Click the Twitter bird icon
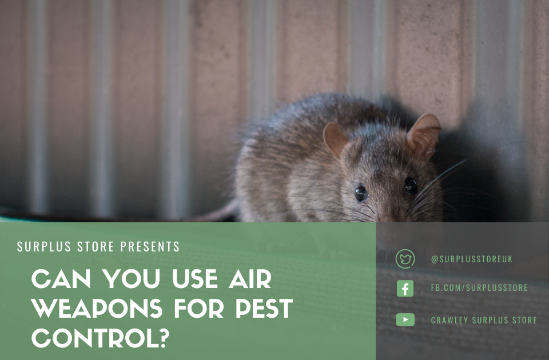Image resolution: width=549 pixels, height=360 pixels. tap(405, 259)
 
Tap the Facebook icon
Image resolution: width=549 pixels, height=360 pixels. tap(405, 289)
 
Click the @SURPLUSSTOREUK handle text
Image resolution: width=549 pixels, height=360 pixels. tap(472, 259)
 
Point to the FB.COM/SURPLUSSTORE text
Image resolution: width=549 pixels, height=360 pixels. tap(479, 288)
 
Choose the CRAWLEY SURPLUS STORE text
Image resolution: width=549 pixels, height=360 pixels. tap(484, 320)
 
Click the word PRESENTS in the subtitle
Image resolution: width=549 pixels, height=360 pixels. tap(150, 247)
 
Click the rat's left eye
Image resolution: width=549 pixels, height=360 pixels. tap(361, 193)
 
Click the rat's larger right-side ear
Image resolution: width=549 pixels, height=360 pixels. tap(424, 134)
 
